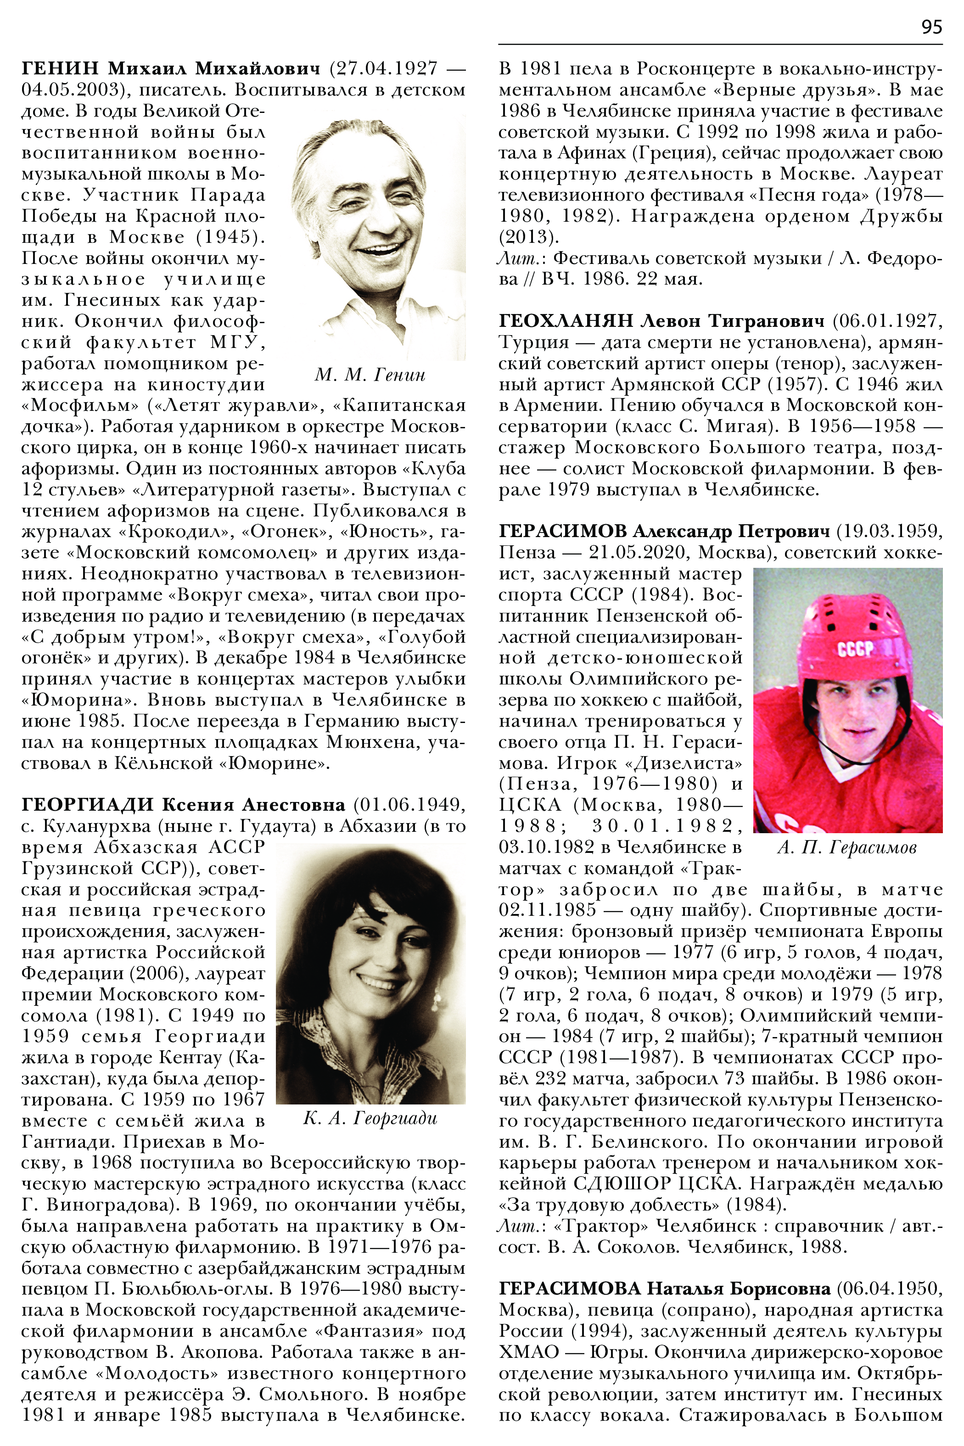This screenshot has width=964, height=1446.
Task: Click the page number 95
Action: pyautogui.click(x=931, y=27)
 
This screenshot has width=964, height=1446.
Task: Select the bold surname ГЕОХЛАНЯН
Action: pyautogui.click(x=565, y=320)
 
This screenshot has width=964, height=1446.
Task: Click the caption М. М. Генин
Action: pyautogui.click(x=370, y=375)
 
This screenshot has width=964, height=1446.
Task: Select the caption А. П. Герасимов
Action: pyautogui.click(x=847, y=848)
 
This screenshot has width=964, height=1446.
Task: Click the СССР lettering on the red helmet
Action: pyautogui.click(x=855, y=649)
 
